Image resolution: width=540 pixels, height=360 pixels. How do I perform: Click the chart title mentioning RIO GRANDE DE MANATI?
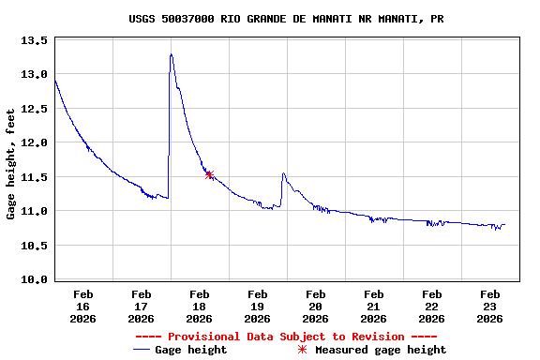click(286, 19)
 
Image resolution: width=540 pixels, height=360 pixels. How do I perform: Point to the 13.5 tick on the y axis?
click(35, 40)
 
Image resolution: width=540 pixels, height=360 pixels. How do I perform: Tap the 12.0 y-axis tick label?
click(35, 142)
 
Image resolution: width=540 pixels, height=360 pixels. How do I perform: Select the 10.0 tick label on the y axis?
click(35, 279)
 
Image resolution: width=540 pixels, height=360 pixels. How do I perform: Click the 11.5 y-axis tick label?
click(35, 177)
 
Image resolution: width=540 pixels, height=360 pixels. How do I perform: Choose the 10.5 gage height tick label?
click(35, 246)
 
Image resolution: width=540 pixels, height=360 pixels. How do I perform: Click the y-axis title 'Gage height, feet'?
click(11, 164)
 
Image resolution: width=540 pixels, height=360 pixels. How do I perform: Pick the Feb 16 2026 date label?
click(82, 307)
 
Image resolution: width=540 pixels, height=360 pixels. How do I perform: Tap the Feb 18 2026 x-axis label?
click(199, 307)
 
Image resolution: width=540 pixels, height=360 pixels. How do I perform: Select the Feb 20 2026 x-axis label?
click(315, 307)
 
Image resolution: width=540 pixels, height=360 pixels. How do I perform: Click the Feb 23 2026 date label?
click(489, 307)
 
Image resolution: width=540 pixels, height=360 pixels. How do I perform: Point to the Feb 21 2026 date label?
click(373, 307)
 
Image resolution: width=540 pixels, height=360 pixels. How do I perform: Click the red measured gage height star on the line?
click(209, 174)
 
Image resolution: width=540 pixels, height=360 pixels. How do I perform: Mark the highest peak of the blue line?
click(171, 54)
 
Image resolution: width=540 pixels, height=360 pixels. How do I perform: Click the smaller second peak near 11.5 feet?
click(283, 173)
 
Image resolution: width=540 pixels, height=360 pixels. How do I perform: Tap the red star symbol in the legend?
click(302, 350)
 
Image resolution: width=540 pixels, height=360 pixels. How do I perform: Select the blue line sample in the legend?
click(142, 350)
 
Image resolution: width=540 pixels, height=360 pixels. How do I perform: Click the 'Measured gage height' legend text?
click(381, 350)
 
